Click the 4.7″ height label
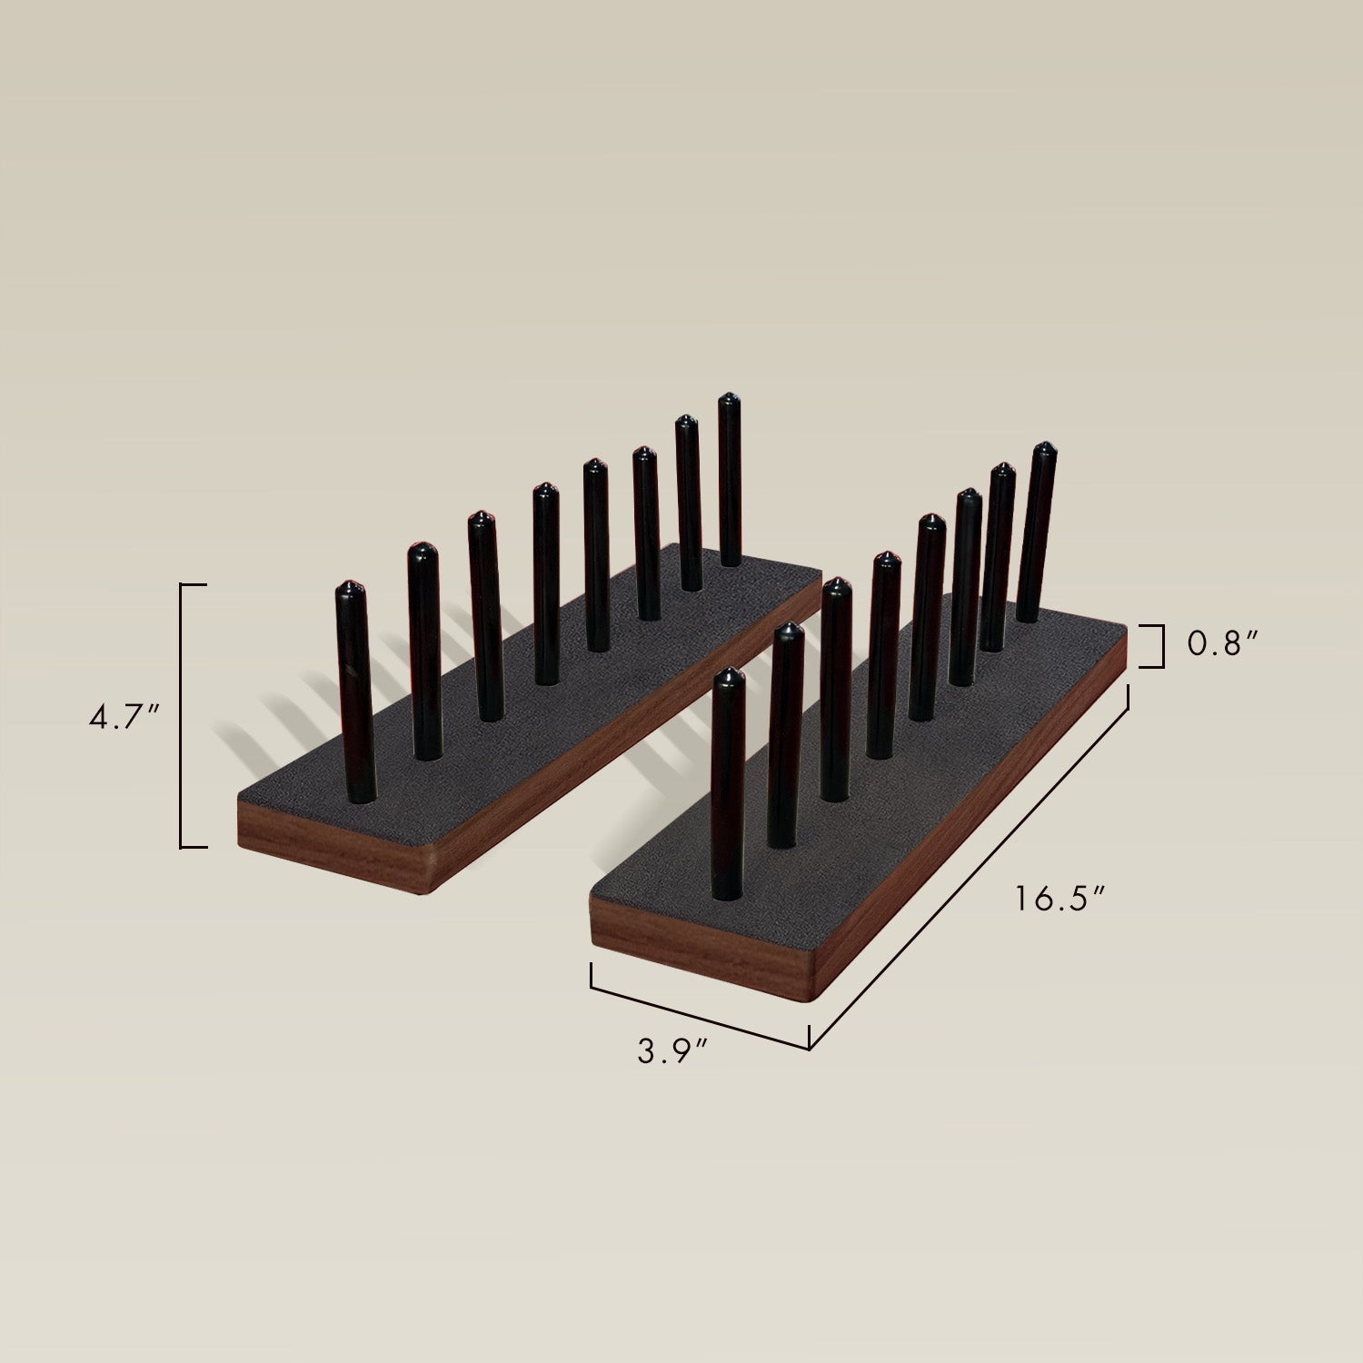[x=124, y=717]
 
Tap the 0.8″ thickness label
[x=1222, y=644]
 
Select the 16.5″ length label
[x=1060, y=899]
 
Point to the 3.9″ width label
[x=672, y=1051]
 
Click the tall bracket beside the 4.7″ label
[x=183, y=716]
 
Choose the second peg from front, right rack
[x=785, y=736]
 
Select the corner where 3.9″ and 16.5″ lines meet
[x=809, y=1048]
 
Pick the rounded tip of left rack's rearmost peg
[x=730, y=399]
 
